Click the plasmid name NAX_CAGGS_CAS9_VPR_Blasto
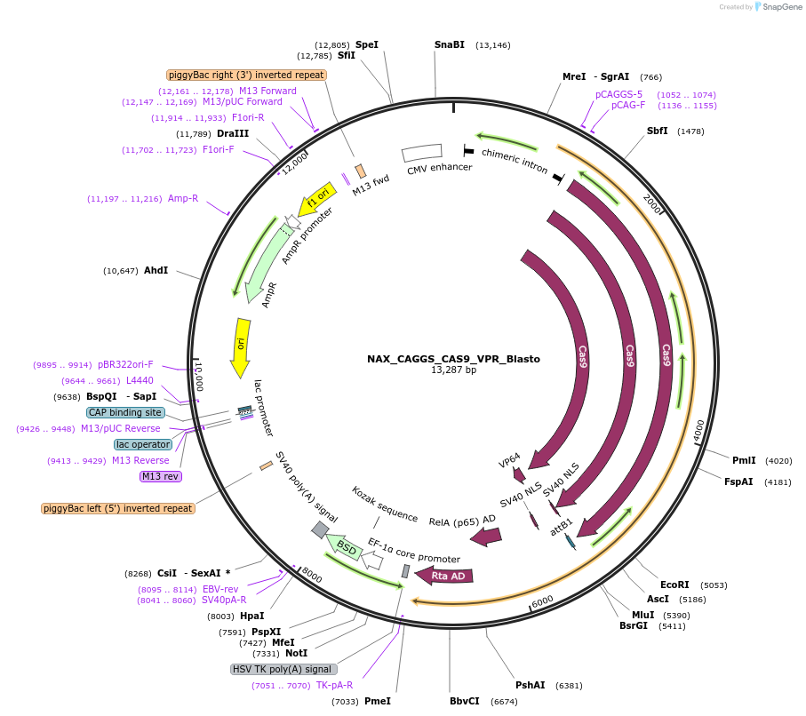pos(453,359)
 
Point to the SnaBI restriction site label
pos(449,44)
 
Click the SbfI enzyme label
pos(658,131)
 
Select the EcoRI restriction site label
pos(675,585)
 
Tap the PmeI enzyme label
pos(378,701)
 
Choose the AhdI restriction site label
pos(156,270)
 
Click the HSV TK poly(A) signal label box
pos(283,669)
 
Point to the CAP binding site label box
pos(125,412)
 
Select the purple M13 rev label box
pos(161,476)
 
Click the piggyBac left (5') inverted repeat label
pos(117,508)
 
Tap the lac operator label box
pos(142,444)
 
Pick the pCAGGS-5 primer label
pos(618,94)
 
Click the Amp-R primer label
pos(183,198)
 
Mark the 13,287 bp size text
pos(453,370)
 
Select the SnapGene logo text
pos(779,7)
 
